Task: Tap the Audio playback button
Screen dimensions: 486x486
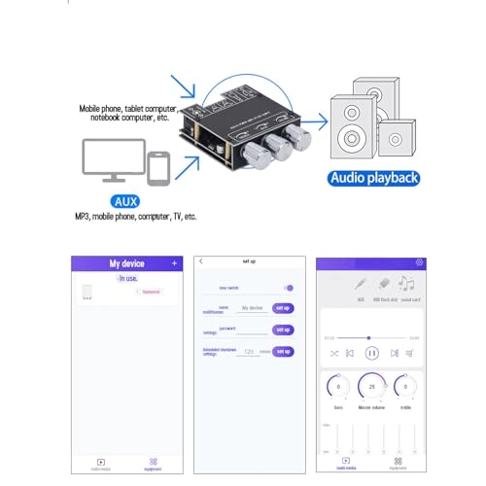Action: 374,178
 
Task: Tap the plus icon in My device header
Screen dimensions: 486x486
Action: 174,263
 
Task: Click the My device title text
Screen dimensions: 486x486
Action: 126,263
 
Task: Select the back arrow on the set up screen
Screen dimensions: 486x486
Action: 199,261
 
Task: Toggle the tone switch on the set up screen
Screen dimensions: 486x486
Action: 288,288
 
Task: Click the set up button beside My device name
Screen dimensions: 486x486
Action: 283,307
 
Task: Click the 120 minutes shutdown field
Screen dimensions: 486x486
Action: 249,352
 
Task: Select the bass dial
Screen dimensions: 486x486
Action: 337,387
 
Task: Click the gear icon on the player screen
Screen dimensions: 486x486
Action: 419,262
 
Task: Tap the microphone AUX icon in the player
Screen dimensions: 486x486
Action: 361,283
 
